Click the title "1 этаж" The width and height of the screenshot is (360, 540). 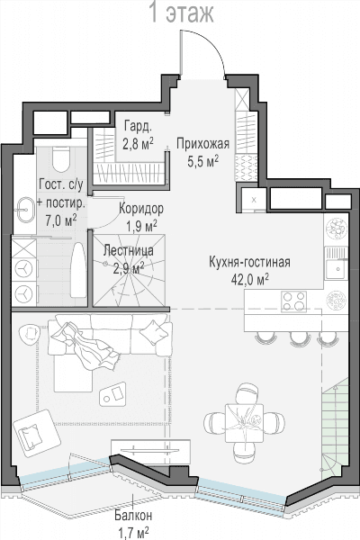click(182, 13)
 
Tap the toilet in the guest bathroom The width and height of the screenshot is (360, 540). click(62, 159)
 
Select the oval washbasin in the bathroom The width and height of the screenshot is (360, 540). click(24, 210)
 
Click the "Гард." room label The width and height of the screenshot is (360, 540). click(138, 127)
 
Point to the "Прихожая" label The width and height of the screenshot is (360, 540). click(202, 144)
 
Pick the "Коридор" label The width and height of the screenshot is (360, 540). click(141, 209)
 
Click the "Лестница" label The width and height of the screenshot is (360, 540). click(129, 251)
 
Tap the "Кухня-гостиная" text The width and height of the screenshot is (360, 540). click(249, 262)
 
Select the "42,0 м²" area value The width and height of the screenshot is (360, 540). click(250, 279)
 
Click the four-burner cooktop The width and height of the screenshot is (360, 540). click(294, 301)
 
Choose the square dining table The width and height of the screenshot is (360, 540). click(244, 423)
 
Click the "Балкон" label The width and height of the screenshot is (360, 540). click(133, 516)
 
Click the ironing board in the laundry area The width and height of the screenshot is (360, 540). click(78, 271)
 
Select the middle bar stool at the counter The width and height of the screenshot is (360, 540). click(298, 339)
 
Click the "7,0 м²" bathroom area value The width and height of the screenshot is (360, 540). click(60, 220)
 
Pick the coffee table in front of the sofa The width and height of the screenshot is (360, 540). click(112, 394)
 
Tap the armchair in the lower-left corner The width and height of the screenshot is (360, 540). click(37, 433)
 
